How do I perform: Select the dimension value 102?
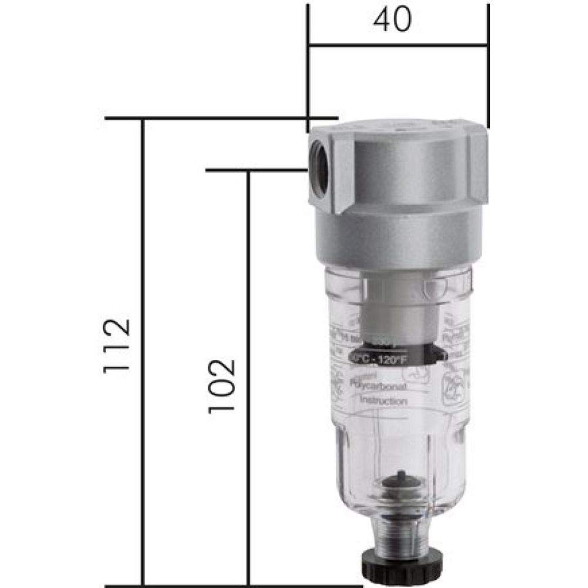[222, 385]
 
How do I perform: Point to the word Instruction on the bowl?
[383, 400]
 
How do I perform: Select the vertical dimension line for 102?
[248, 470]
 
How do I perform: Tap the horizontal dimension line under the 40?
[353, 44]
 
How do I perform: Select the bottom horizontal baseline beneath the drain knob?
[235, 586]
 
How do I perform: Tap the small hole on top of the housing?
[405, 125]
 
